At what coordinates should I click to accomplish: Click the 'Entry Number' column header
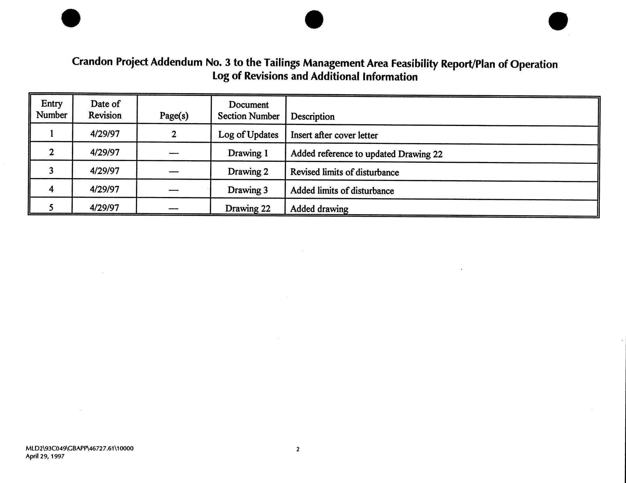point(52,109)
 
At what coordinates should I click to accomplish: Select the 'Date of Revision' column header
point(105,109)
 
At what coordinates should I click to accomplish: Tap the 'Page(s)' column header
point(174,116)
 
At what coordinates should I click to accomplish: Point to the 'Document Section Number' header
point(249,110)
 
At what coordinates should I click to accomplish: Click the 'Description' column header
point(312,117)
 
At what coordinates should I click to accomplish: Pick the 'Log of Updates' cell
point(248,135)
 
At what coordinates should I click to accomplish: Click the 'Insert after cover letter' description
point(334,135)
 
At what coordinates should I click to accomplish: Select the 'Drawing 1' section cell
point(248,153)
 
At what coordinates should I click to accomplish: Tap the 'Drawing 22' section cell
point(248,208)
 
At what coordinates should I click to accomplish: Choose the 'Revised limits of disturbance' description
point(344,172)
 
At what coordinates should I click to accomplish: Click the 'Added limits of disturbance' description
point(342,191)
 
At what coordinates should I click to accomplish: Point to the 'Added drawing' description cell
point(319,209)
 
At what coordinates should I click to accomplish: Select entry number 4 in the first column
point(51,189)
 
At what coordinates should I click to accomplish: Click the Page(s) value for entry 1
point(174,134)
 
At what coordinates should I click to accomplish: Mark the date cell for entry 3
point(105,171)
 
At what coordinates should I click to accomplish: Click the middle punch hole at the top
point(314,19)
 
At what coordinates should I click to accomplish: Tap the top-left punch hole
point(71,18)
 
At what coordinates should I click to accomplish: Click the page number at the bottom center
point(298,449)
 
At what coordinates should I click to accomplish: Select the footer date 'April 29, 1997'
point(45,456)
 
